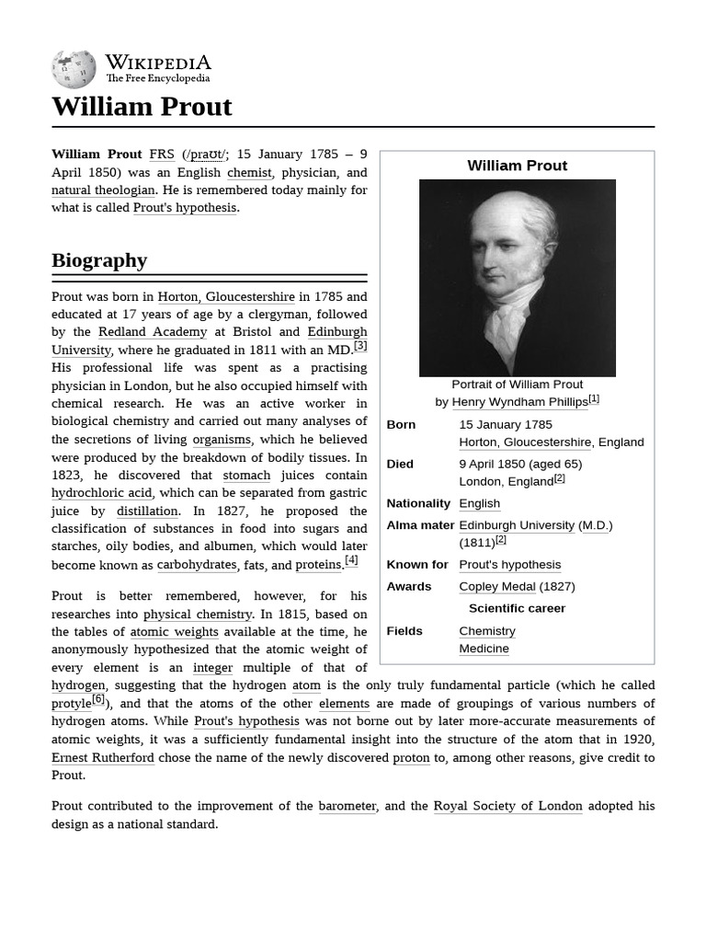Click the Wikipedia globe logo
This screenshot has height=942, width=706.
click(74, 69)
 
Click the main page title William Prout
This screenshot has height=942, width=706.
click(142, 107)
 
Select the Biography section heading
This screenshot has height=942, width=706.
click(99, 260)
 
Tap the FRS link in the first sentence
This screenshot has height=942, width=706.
click(161, 155)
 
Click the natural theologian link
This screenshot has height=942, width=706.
click(103, 190)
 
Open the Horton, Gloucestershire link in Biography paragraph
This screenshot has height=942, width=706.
click(226, 297)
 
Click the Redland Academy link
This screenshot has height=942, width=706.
click(153, 332)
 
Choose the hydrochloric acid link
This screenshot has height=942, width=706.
click(101, 493)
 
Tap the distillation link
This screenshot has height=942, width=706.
click(147, 511)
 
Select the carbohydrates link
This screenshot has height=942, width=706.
click(197, 565)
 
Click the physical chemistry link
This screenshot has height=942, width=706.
click(197, 615)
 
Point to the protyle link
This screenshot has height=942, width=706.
click(71, 704)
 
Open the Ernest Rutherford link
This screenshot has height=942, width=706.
click(103, 758)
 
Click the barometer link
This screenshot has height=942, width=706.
click(347, 806)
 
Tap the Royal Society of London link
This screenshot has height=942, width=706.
click(507, 806)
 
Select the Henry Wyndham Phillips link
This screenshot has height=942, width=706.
click(519, 402)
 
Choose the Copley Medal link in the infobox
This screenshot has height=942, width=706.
click(496, 587)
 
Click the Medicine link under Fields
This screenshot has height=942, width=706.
click(484, 649)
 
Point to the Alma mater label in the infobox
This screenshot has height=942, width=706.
click(420, 525)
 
